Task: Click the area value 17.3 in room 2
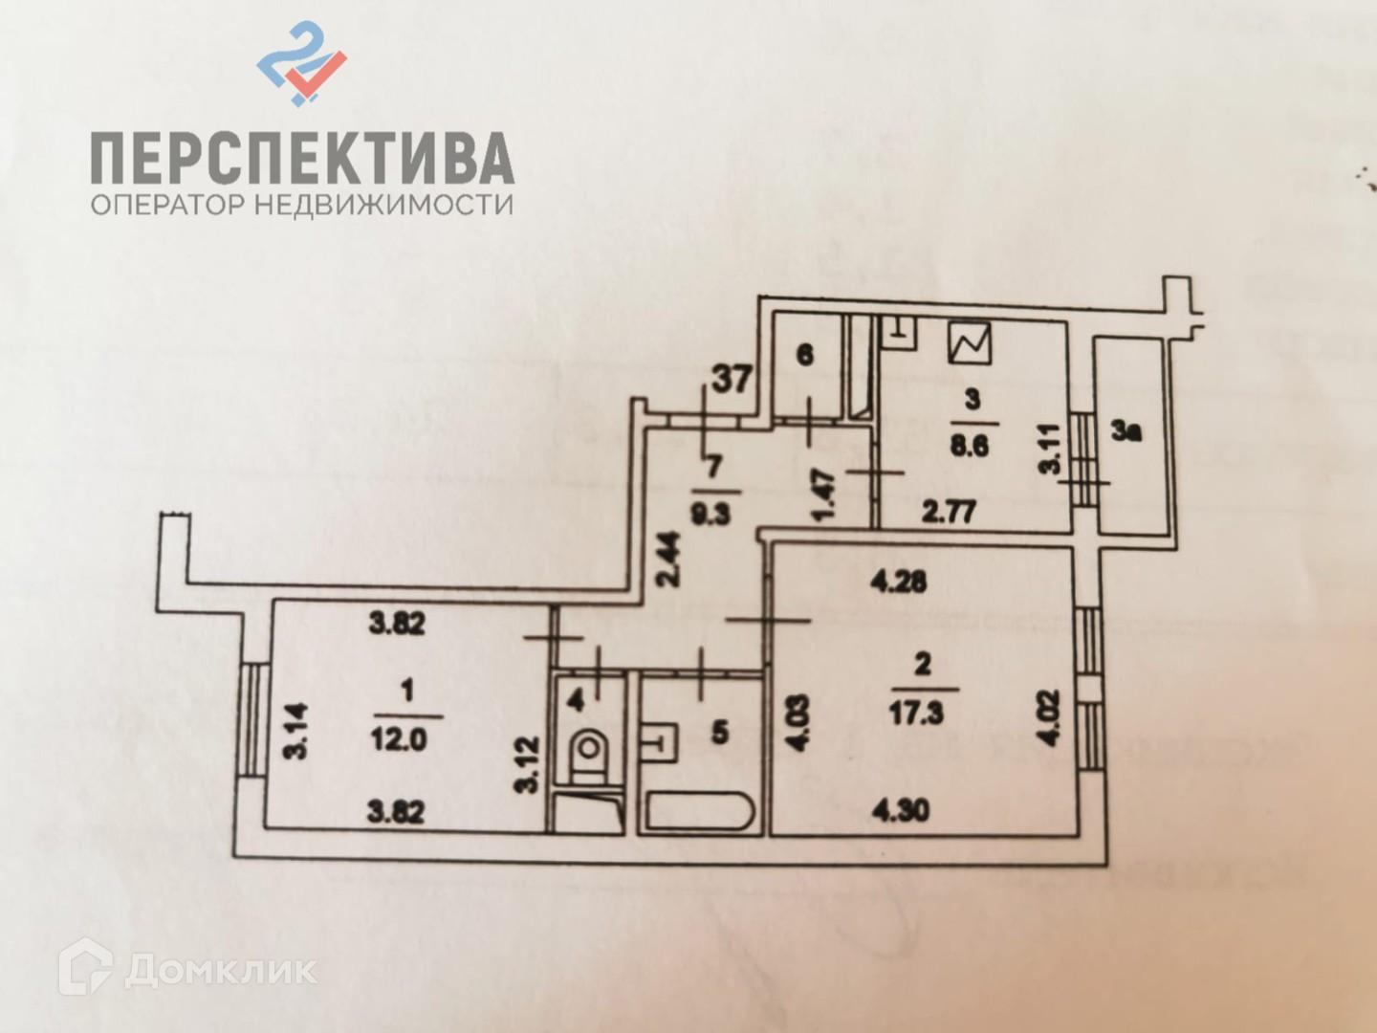(915, 714)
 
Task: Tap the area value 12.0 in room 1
(400, 738)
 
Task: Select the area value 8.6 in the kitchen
(969, 446)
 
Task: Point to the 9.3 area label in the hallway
(710, 513)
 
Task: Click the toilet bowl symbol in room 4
(589, 751)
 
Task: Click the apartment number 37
(732, 379)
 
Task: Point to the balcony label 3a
(1127, 432)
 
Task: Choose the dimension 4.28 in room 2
(898, 581)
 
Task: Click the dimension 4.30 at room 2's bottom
(900, 811)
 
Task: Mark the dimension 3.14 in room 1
(297, 731)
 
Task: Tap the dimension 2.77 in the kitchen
(949, 511)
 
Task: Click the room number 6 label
(805, 355)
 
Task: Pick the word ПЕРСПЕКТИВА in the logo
(302, 159)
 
